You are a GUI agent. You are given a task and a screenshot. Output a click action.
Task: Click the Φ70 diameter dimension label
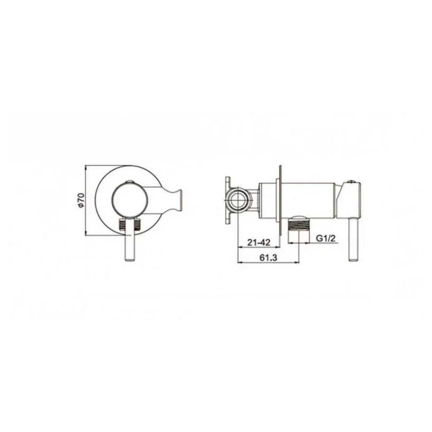[x=81, y=200]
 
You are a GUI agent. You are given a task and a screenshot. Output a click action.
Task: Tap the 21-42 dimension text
[x=259, y=242]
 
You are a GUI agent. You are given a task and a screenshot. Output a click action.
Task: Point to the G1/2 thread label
[x=326, y=238]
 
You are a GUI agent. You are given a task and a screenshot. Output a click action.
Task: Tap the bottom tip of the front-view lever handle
[x=130, y=260]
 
